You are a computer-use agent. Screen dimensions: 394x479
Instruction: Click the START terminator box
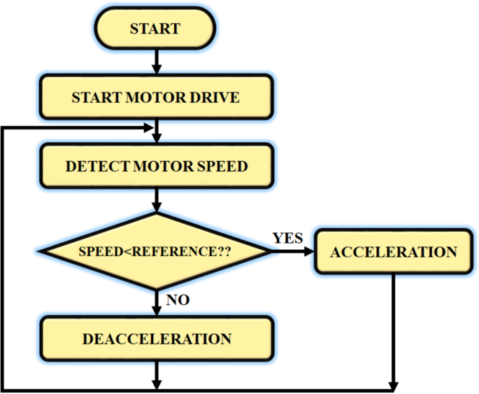[155, 29]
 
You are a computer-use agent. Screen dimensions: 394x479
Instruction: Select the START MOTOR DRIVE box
[155, 97]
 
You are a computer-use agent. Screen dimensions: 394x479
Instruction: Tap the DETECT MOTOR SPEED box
[155, 167]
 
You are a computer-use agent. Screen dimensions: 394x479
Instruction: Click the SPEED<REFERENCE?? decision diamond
[155, 251]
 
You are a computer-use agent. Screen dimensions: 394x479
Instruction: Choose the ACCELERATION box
[394, 251]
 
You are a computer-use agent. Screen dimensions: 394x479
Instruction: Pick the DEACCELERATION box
[156, 339]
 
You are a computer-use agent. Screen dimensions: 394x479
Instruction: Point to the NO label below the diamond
[178, 300]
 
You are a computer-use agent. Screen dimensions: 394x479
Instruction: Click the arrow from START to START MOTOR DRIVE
[157, 63]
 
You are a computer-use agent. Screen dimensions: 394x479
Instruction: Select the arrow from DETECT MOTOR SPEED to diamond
[157, 202]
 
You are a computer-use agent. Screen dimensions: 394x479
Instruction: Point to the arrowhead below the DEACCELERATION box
[157, 384]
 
